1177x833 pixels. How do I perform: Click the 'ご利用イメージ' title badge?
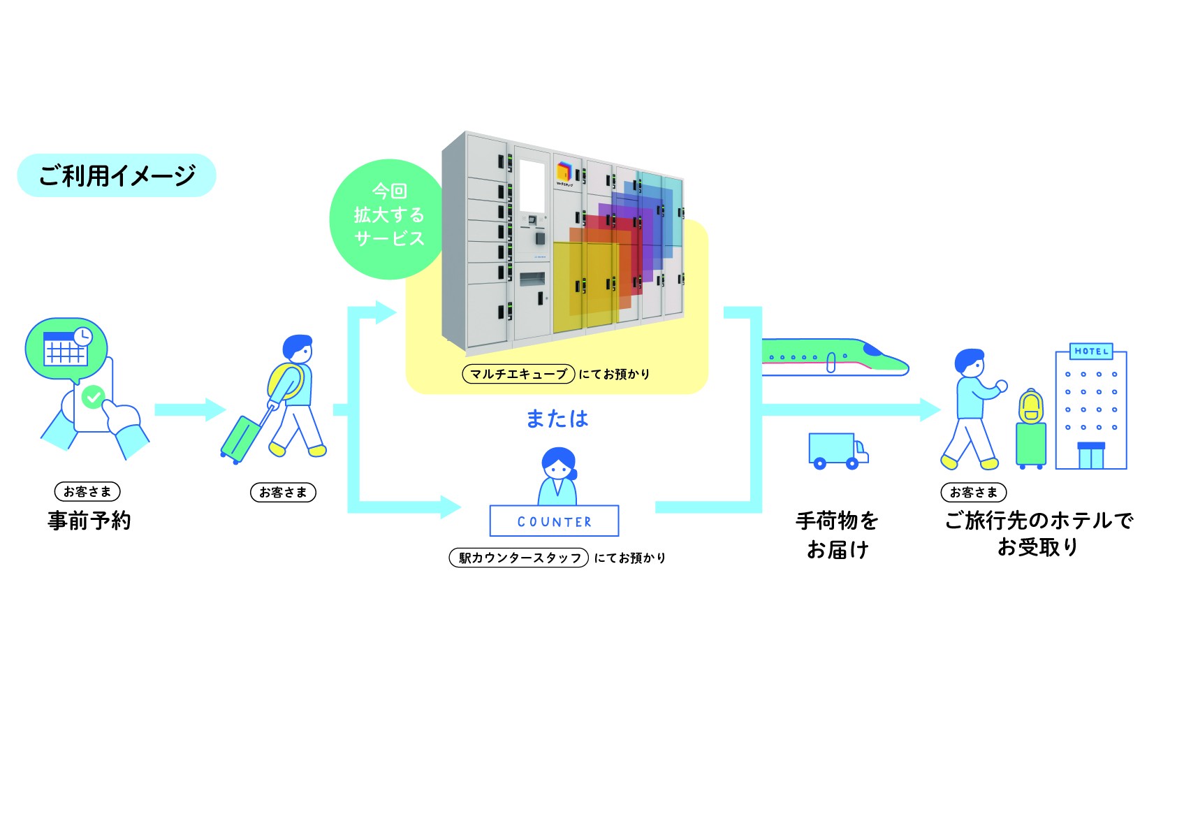coord(117,175)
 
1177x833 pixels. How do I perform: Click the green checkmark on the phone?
coord(94,398)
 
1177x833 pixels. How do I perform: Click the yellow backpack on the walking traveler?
coord(285,381)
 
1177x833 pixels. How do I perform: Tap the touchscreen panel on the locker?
coord(532,187)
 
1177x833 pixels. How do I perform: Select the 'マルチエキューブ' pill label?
coord(518,374)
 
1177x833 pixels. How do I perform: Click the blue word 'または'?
coord(557,419)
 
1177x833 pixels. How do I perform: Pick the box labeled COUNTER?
coord(555,521)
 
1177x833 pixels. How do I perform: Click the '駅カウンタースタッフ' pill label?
coord(518,558)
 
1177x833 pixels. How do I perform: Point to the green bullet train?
coord(835,357)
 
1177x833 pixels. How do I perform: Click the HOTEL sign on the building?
coord(1091,351)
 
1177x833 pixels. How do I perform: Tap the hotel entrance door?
coord(1091,456)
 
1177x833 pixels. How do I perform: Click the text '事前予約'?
coord(89,521)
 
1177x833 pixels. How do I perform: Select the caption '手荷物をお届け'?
coord(837,535)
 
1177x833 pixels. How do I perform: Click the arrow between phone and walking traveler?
coord(190,410)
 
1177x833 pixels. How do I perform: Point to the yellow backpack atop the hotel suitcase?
coord(1031,406)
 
